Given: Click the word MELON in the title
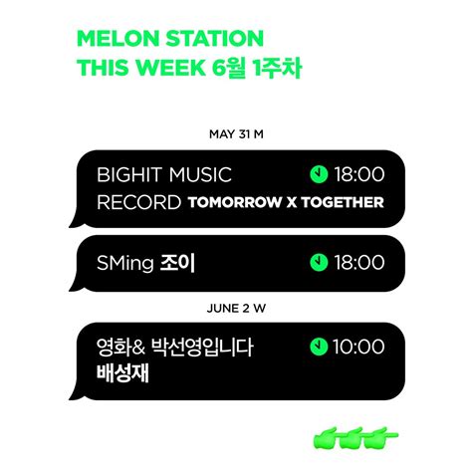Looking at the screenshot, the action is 118,38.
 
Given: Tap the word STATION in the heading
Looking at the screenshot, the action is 215,38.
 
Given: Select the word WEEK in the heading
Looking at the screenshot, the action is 171,68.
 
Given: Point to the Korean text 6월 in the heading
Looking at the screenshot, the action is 229,68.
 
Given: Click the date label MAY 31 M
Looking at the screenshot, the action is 236,134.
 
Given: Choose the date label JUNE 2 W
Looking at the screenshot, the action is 236,309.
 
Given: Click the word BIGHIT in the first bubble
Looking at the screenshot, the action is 129,174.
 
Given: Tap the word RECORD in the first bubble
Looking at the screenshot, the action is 139,202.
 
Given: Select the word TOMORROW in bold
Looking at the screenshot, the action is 235,202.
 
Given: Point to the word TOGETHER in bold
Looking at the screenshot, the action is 343,202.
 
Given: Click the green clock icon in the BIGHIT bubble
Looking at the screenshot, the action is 319,174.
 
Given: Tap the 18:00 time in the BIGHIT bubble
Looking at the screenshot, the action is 359,174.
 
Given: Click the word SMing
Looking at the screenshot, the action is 125,263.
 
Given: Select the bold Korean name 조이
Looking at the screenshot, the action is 177,263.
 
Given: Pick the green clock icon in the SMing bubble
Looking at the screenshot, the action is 319,262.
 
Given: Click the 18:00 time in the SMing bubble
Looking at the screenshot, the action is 359,263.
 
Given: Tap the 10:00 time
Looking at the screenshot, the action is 358,347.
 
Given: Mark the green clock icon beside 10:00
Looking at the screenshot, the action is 319,347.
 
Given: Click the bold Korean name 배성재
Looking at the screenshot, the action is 122,373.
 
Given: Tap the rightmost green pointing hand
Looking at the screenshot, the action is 381,437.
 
